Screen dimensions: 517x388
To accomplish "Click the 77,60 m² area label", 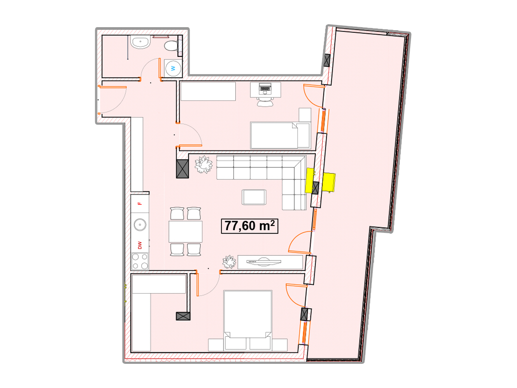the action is click(x=249, y=226).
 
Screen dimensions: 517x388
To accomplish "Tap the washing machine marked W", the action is click(x=173, y=68).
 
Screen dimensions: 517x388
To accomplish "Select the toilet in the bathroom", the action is click(x=173, y=46).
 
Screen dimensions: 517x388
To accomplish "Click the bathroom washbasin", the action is click(x=140, y=42).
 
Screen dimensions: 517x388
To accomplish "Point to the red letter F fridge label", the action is click(x=140, y=203).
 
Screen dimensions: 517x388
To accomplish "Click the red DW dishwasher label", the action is click(x=140, y=245).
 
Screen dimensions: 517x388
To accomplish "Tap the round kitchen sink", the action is click(x=140, y=225).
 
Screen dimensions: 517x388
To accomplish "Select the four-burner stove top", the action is click(x=140, y=261).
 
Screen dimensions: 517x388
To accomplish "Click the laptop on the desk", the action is click(x=265, y=88).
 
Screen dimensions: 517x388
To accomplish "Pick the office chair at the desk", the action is click(x=265, y=102).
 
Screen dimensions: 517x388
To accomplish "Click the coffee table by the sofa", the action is click(x=254, y=197).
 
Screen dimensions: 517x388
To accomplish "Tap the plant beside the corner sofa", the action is click(x=203, y=164).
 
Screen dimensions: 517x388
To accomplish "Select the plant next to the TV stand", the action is click(x=229, y=262).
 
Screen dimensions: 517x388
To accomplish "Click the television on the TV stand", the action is click(x=264, y=262).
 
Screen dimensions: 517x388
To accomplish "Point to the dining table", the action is click(x=185, y=232).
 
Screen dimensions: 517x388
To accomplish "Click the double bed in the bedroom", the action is click(x=248, y=321).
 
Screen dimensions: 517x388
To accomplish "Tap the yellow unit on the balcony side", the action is click(x=329, y=182).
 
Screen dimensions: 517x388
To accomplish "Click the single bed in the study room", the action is click(x=280, y=135).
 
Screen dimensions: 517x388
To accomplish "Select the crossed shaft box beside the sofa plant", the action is click(x=183, y=169).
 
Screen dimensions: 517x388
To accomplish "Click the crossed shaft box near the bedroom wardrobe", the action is click(x=183, y=316).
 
